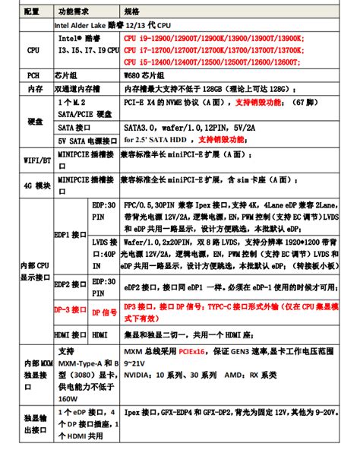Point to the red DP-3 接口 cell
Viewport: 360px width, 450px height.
point(71,310)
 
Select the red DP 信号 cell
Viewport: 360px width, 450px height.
point(104,311)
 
